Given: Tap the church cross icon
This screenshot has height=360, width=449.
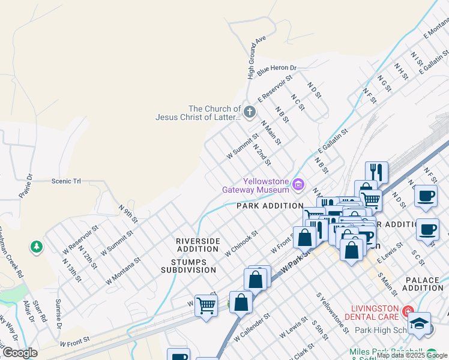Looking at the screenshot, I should coord(250,112).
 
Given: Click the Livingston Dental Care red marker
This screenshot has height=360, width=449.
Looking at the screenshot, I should coord(408,311).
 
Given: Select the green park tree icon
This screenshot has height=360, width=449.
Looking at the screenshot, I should coord(37,247).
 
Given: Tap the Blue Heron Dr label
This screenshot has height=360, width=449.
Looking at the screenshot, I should coord(277,70).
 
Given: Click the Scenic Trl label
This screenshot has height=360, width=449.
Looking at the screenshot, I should coord(66,181).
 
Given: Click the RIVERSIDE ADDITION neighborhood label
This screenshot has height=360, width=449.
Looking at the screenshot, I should coord(197,245).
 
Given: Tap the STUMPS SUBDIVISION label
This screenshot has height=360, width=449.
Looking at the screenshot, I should coord(188,266).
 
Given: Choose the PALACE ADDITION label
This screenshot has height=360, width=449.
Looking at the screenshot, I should coord(423,284).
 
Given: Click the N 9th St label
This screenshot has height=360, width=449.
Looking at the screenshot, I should coord(128,212).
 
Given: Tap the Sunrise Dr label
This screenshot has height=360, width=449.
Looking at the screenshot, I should coord(59,314).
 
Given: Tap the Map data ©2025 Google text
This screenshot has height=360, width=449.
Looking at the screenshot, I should coord(412,355).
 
